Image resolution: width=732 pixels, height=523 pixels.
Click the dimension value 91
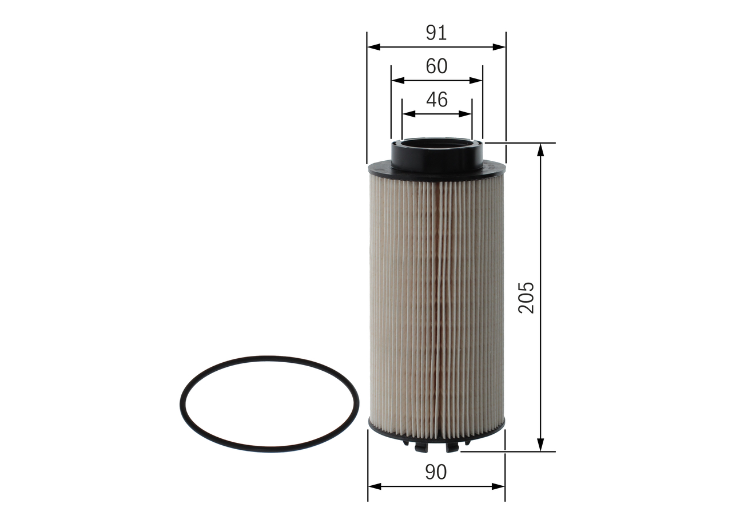pos(436,33)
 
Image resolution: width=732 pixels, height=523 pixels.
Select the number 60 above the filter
pos(436,66)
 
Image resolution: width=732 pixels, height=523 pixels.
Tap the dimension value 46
pos(437,100)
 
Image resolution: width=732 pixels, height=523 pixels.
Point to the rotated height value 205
pos(526,298)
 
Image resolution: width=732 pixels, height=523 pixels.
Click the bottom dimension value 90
pos(436,472)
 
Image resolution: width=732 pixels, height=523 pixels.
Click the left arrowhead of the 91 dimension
pos(374,47)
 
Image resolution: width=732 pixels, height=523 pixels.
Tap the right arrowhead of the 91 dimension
pos(499,47)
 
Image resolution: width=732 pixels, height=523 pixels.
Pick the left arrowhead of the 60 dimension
pos(398,81)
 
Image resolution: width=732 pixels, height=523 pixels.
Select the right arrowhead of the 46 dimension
pos(465,114)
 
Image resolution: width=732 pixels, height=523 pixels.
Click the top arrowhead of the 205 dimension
pos(540,150)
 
